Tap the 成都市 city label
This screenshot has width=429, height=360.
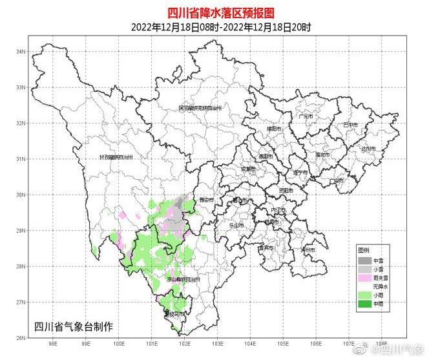[x=247, y=169]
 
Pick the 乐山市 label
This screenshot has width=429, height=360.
[x=236, y=226]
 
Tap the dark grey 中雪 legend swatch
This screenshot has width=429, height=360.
[x=365, y=260]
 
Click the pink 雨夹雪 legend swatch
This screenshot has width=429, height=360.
[x=365, y=277]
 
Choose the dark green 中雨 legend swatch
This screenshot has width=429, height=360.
[x=365, y=303]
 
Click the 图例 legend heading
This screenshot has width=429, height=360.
[x=364, y=250]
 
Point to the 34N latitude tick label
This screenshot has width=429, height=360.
[x=21, y=51]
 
